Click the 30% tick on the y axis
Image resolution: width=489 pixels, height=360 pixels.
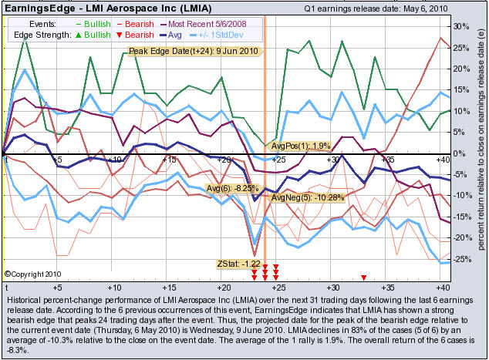tap(463, 26)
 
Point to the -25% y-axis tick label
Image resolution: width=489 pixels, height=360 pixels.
tap(462, 258)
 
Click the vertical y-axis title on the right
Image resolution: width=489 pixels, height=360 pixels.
tap(481, 146)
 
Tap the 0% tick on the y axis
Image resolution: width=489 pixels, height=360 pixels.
tap(460, 153)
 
